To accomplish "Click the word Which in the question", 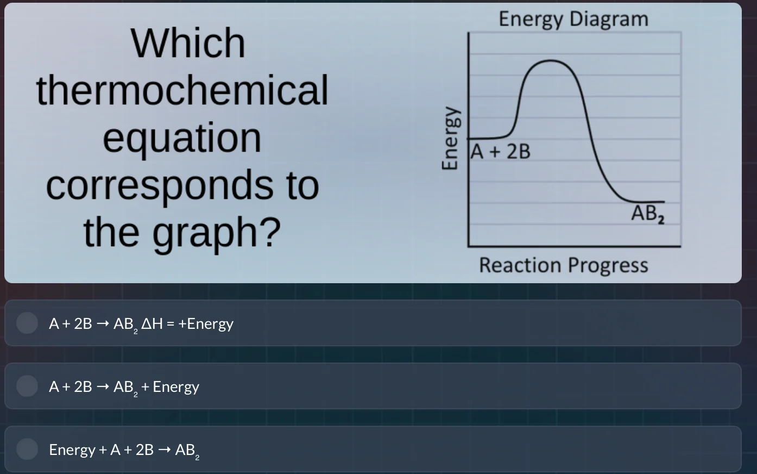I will (x=188, y=43).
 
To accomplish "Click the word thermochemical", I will (x=182, y=90).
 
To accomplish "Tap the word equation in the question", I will (x=182, y=138).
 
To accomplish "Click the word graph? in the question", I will (x=216, y=232).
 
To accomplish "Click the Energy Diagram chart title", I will (x=573, y=19).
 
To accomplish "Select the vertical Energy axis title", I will (x=449, y=138).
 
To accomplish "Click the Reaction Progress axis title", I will (x=563, y=265).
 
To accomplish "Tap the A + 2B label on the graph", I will (x=501, y=152).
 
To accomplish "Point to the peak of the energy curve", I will (x=551, y=61).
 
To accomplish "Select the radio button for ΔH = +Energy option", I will (x=27, y=323).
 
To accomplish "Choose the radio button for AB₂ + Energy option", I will (x=27, y=386).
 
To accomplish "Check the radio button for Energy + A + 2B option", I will (x=27, y=449).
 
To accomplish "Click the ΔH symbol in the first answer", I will (x=152, y=324).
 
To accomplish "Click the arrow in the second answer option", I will (x=103, y=387).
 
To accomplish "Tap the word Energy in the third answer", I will (x=72, y=450).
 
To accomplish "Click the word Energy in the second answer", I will (x=176, y=387).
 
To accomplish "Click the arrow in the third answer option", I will (x=164, y=450).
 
